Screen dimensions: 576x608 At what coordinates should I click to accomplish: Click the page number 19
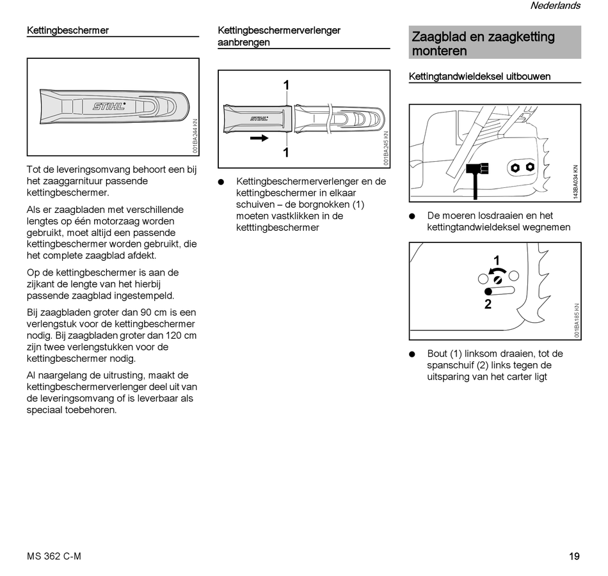pyautogui.click(x=574, y=556)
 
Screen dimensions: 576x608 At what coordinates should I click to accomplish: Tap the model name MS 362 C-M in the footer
pyautogui.click(x=54, y=556)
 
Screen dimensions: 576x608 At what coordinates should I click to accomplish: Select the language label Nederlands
pyautogui.click(x=555, y=6)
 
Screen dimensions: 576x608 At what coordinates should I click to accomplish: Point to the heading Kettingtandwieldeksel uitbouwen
pyautogui.click(x=479, y=77)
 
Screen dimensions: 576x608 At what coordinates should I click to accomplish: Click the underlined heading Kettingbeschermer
pyautogui.click(x=68, y=30)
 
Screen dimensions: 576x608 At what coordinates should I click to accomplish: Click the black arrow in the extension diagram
pyautogui.click(x=259, y=137)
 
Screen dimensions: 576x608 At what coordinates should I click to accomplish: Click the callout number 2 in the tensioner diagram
pyautogui.click(x=488, y=305)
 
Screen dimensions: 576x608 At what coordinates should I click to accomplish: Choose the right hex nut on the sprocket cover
pyautogui.click(x=530, y=166)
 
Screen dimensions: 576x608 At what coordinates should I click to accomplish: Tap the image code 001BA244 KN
pyautogui.click(x=195, y=136)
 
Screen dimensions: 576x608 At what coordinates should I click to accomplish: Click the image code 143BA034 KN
pyautogui.click(x=576, y=182)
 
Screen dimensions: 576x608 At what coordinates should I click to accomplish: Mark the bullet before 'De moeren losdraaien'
pyautogui.click(x=413, y=216)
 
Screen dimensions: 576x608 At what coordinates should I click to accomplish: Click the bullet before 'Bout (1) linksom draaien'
pyautogui.click(x=413, y=354)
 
